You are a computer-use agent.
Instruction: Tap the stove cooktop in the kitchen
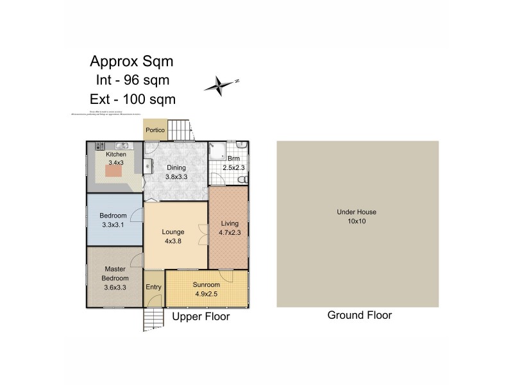click(x=100, y=146)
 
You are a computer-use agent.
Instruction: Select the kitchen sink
click(x=120, y=146)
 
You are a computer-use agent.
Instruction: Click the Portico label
click(x=155, y=130)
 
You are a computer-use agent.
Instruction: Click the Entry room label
click(x=154, y=287)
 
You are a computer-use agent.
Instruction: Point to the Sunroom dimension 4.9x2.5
click(x=206, y=295)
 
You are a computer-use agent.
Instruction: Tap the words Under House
click(x=357, y=212)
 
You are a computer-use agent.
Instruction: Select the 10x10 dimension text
click(x=357, y=221)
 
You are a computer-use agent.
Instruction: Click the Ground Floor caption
click(x=359, y=315)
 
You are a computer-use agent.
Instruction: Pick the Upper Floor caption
click(x=201, y=316)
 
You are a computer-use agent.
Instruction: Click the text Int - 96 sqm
click(x=132, y=81)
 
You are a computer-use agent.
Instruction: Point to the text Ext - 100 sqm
click(x=132, y=99)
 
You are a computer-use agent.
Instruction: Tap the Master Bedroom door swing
click(x=137, y=260)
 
